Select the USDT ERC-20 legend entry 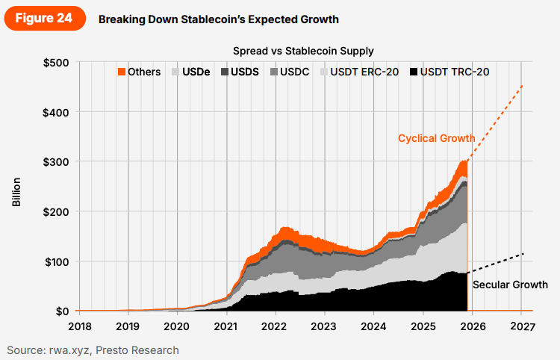point(359,72)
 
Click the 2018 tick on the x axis point(79,326)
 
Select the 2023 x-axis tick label point(323,326)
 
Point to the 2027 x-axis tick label point(522,326)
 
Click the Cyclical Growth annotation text point(436,138)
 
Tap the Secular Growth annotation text point(511,285)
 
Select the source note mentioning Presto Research point(93,350)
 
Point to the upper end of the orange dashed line point(522,85)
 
